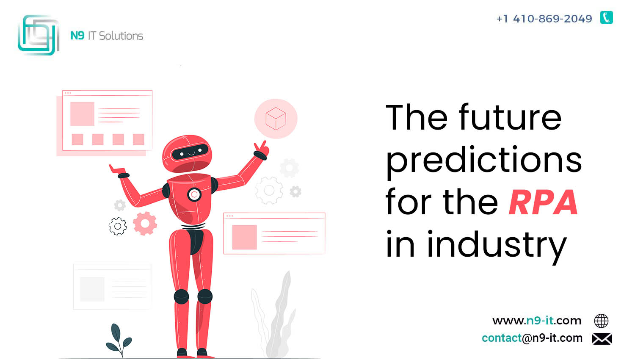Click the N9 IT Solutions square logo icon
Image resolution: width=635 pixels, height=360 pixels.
pyautogui.click(x=39, y=35)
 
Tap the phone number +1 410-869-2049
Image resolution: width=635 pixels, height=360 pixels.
pyautogui.click(x=544, y=19)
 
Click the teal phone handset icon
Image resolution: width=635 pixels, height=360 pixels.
pyautogui.click(x=606, y=18)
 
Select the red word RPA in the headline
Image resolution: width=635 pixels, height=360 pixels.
pyautogui.click(x=543, y=202)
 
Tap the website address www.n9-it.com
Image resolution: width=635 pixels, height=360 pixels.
pyautogui.click(x=537, y=321)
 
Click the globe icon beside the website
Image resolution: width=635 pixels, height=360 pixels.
pyautogui.click(x=601, y=321)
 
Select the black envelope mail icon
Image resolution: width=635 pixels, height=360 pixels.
pyautogui.click(x=602, y=339)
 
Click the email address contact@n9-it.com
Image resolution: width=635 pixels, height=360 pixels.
pyautogui.click(x=532, y=338)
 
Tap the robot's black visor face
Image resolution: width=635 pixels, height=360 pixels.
pyautogui.click(x=190, y=152)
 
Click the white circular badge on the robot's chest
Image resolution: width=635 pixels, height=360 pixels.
pyautogui.click(x=194, y=194)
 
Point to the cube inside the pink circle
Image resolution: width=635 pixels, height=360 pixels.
pyautogui.click(x=276, y=119)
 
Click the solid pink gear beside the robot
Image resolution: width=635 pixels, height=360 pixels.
pyautogui.click(x=145, y=224)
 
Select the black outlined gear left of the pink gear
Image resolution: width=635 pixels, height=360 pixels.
pyautogui.click(x=118, y=226)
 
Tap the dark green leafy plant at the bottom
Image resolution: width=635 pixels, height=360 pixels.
pyautogui.click(x=119, y=340)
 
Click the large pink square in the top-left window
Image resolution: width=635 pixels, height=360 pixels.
pyautogui.click(x=82, y=114)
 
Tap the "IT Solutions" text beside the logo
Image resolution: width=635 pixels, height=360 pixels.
pyautogui.click(x=116, y=36)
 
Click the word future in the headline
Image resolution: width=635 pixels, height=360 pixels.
pyautogui.click(x=510, y=117)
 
